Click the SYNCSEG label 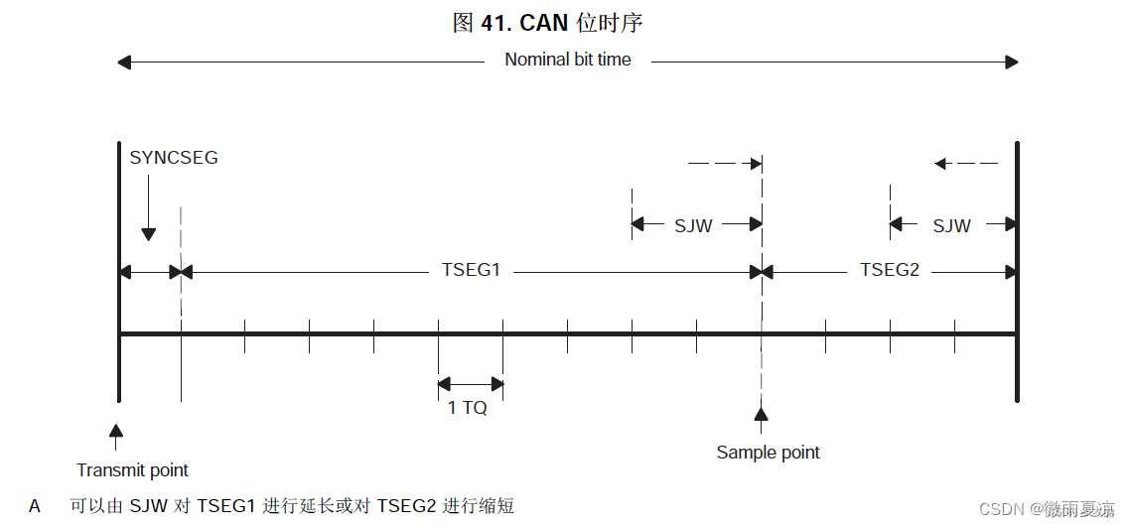pyautogui.click(x=174, y=158)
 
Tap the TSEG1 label pyautogui.click(x=471, y=270)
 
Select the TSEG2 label pyautogui.click(x=890, y=270)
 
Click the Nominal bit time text pyautogui.click(x=568, y=60)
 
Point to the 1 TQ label pyautogui.click(x=468, y=408)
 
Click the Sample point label pyautogui.click(x=768, y=453)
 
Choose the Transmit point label pyautogui.click(x=132, y=469)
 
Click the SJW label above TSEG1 pyautogui.click(x=693, y=225)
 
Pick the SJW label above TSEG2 pyautogui.click(x=951, y=225)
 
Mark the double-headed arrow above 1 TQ pyautogui.click(x=471, y=384)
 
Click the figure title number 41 pyautogui.click(x=495, y=23)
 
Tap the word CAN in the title pyautogui.click(x=544, y=23)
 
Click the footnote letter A pyautogui.click(x=35, y=506)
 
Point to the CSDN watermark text pyautogui.click(x=1002, y=509)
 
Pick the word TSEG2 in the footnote pyautogui.click(x=406, y=506)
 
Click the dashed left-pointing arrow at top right pyautogui.click(x=965, y=163)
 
